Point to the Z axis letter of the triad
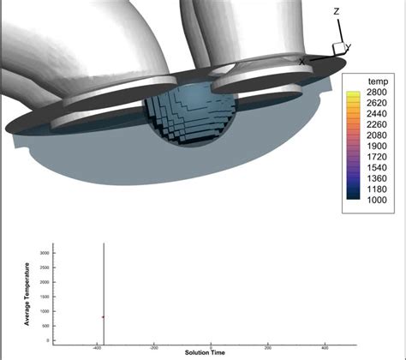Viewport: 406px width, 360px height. click(x=337, y=12)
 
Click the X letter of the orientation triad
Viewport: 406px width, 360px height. click(x=302, y=61)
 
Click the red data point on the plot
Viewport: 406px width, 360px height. click(x=104, y=317)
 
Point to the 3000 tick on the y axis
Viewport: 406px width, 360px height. click(x=45, y=254)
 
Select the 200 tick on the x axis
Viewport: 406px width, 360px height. click(x=268, y=348)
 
